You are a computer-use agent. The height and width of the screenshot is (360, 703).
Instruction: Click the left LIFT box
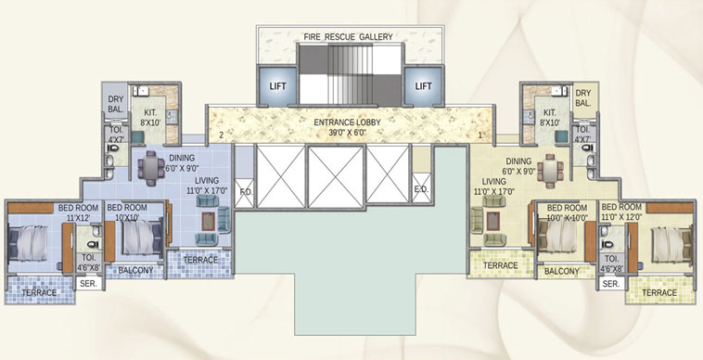[277, 85]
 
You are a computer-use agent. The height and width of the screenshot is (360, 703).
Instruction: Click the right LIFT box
[423, 85]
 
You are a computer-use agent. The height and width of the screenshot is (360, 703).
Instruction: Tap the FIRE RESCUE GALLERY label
[348, 37]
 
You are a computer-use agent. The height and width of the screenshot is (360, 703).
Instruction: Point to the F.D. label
[246, 193]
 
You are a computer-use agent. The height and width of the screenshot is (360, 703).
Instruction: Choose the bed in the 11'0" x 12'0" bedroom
[669, 242]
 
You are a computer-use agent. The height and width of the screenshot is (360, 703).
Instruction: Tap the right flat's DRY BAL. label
[582, 97]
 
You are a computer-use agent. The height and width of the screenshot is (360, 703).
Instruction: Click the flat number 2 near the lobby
[222, 135]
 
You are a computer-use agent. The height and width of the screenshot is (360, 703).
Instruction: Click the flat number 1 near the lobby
[479, 135]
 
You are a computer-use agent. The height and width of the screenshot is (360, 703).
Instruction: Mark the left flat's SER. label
[89, 284]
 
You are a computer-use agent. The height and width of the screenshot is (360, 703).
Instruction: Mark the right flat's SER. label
[610, 284]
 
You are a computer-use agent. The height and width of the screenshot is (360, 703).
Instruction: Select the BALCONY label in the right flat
[561, 272]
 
